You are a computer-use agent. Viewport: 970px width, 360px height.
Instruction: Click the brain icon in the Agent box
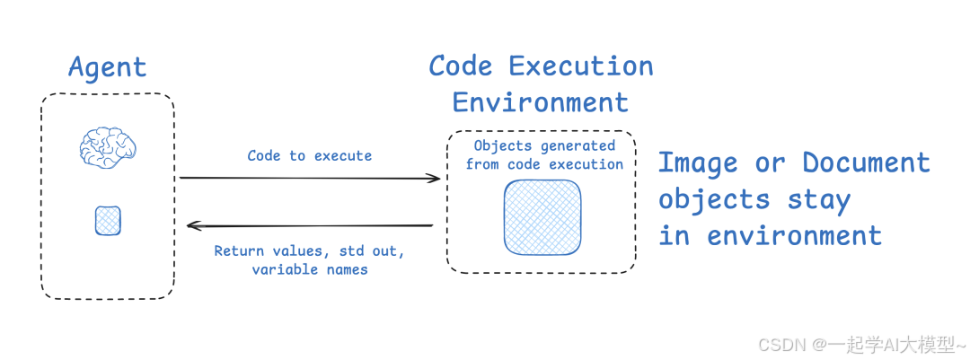pyautogui.click(x=107, y=146)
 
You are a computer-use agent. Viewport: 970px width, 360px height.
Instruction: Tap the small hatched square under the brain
pyautogui.click(x=108, y=221)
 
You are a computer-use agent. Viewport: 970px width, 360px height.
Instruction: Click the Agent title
pyautogui.click(x=107, y=67)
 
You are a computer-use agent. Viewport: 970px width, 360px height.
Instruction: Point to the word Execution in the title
pyautogui.click(x=580, y=66)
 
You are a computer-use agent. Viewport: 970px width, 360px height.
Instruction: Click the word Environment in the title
pyautogui.click(x=540, y=102)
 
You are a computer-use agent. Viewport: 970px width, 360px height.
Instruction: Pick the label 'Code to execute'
pyautogui.click(x=310, y=155)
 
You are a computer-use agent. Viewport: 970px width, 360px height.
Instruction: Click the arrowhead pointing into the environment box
pyautogui.click(x=435, y=179)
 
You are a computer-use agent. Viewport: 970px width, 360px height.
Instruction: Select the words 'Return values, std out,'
pyautogui.click(x=310, y=251)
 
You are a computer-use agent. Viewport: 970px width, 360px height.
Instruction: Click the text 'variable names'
pyautogui.click(x=310, y=269)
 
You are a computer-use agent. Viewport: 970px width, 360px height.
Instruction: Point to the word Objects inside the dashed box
pyautogui.click(x=504, y=145)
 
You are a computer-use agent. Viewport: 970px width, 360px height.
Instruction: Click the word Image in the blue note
pyautogui.click(x=698, y=163)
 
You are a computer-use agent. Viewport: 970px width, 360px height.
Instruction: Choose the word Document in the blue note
pyautogui.click(x=866, y=163)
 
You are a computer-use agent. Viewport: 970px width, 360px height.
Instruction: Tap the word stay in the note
pyautogui.click(x=819, y=199)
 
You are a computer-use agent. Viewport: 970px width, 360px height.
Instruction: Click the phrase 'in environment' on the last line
pyautogui.click(x=770, y=236)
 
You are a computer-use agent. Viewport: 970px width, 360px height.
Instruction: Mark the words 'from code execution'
pyautogui.click(x=544, y=164)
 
